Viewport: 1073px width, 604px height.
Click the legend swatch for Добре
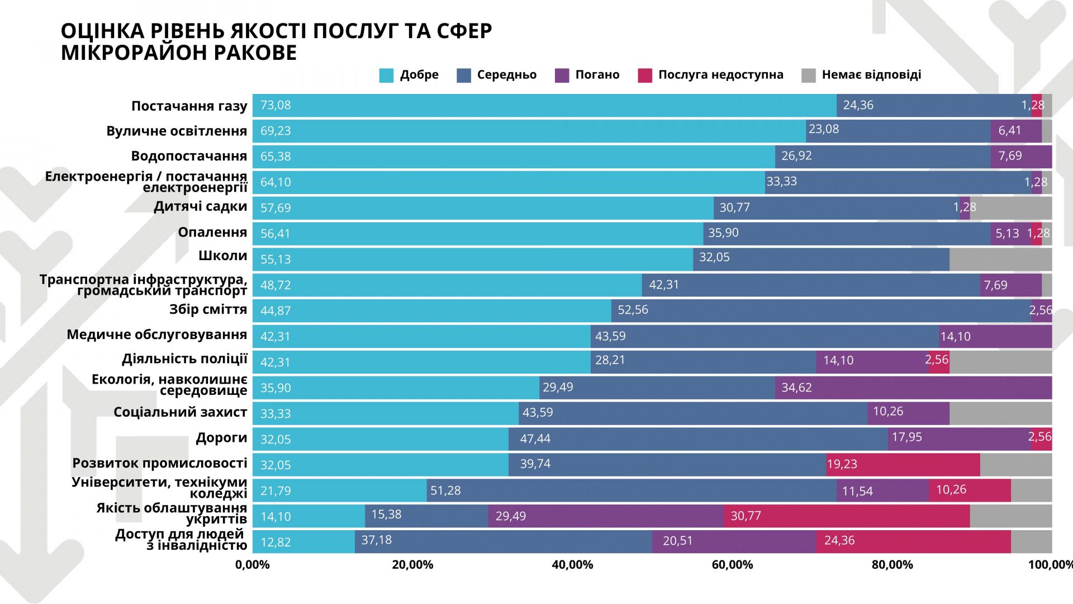(386, 75)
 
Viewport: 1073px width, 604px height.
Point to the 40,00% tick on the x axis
(572, 565)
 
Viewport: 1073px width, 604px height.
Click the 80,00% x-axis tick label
(892, 565)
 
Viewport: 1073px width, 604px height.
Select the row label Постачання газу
(189, 106)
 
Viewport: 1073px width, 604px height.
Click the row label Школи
(222, 256)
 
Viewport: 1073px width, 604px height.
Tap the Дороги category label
(221, 438)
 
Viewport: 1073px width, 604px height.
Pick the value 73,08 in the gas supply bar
(276, 105)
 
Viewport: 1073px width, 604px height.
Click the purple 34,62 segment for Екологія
(913, 388)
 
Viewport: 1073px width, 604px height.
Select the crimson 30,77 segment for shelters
(846, 516)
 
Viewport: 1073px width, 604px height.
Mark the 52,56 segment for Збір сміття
(820, 310)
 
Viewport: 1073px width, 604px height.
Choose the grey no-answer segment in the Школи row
(1000, 259)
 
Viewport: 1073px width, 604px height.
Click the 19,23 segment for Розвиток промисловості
(903, 464)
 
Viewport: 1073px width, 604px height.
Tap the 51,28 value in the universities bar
(445, 490)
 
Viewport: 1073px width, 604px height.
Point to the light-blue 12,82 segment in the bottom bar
(303, 541)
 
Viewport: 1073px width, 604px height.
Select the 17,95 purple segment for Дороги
(959, 438)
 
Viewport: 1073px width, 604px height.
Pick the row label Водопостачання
(189, 156)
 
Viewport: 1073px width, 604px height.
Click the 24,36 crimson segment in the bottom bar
(913, 541)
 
